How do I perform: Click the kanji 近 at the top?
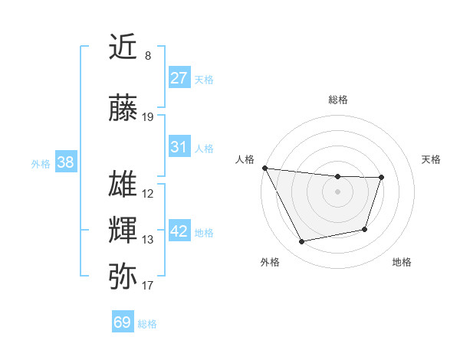coord(123,48)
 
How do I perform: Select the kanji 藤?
coord(123,109)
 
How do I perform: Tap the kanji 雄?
coord(123,185)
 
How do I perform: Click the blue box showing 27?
coord(179,78)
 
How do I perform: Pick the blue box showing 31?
coord(179,147)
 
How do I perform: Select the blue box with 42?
coord(179,231)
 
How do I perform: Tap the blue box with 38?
coord(65,162)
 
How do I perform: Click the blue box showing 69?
coord(123,322)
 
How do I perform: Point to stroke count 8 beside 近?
coord(148,56)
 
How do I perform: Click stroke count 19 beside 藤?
coord(148,117)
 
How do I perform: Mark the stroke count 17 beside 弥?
coord(148,286)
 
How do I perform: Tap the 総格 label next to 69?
coord(147,324)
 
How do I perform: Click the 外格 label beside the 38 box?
coord(41,164)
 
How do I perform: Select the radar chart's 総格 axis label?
coord(337,100)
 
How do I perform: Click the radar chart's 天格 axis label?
coord(432,159)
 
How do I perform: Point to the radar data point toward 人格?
coord(264,168)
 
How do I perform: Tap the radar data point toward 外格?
coord(302,242)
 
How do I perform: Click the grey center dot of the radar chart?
coord(337,191)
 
